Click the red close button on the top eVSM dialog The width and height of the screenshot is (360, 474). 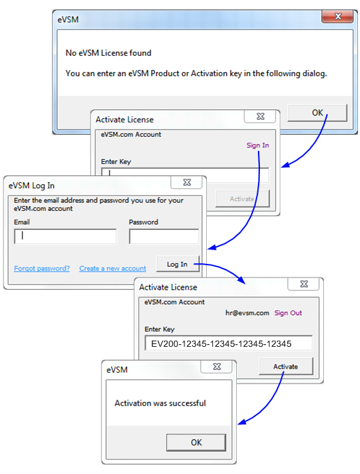(337, 16)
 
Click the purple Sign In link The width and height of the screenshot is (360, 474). (257, 146)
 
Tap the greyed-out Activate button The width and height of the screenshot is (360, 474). (242, 199)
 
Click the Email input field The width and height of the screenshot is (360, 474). (65, 236)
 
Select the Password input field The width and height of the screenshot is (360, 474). (164, 236)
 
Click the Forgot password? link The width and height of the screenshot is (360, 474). (42, 269)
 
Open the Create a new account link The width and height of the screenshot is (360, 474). (112, 269)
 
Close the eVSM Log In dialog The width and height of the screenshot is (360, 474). (186, 182)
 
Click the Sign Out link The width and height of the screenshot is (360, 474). (288, 313)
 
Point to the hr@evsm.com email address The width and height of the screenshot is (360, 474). (247, 313)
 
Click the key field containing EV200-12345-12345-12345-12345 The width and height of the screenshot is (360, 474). (229, 343)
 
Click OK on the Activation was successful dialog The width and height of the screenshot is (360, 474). (196, 443)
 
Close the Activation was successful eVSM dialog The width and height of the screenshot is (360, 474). (216, 367)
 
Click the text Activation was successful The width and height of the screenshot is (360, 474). (160, 403)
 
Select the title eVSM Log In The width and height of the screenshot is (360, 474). (31, 186)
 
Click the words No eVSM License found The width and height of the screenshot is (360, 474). (108, 53)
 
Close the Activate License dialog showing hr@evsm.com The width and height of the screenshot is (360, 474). (304, 284)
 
